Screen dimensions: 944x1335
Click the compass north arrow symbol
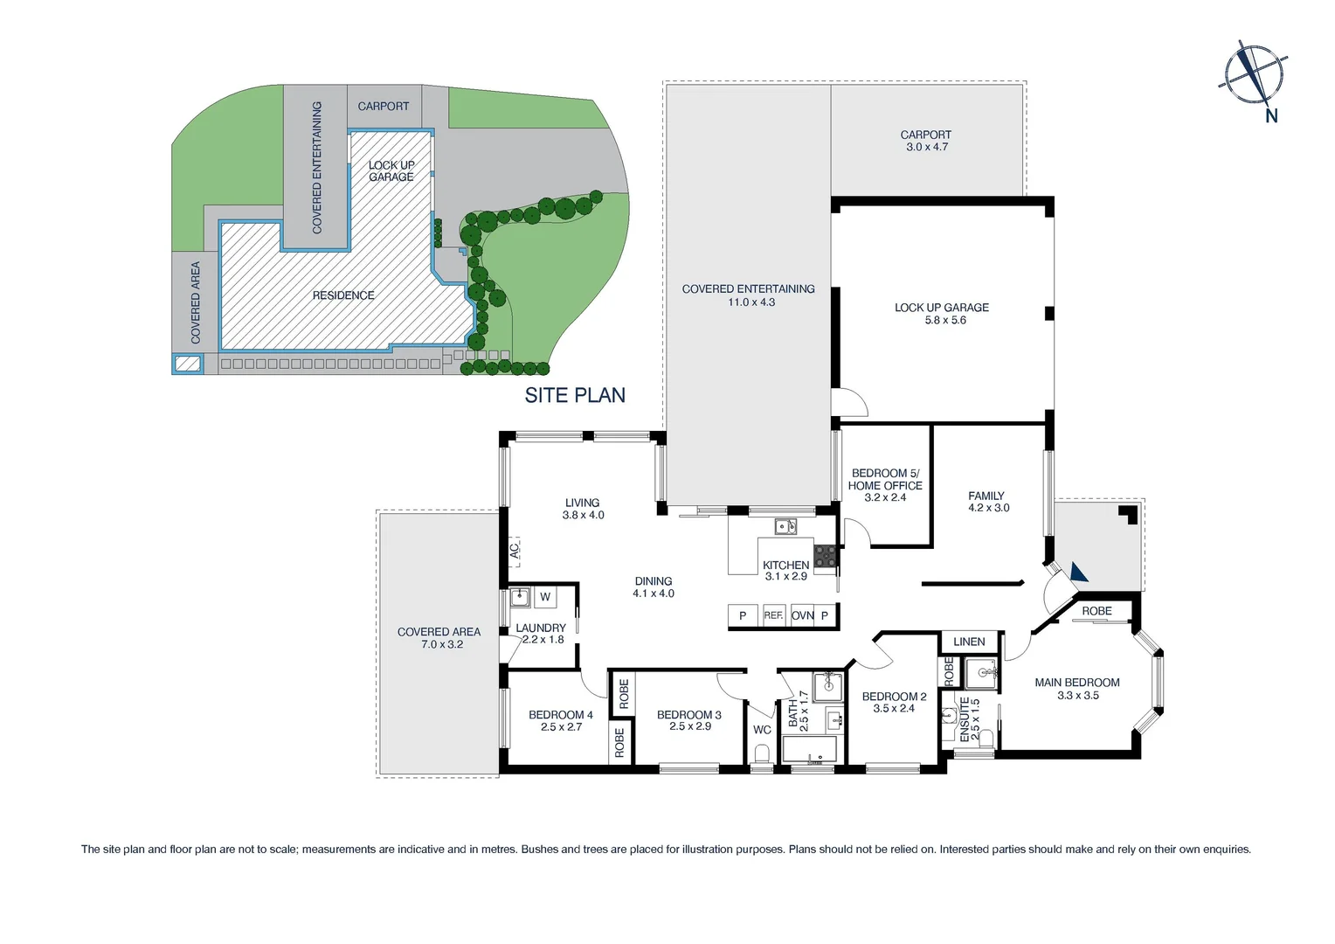pos(1254,74)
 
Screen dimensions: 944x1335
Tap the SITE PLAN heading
pos(575,395)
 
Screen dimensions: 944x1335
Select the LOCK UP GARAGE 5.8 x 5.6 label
pos(942,314)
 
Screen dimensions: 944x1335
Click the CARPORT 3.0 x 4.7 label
pos(926,141)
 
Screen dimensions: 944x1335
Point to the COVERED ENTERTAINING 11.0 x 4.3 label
pos(749,295)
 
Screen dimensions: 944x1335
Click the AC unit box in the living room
pos(515,550)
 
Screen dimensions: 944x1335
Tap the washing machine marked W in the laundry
pos(545,597)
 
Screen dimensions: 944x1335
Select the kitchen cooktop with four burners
pos(825,556)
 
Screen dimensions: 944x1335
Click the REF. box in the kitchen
pos(773,615)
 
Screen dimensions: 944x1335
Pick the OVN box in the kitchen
pos(802,615)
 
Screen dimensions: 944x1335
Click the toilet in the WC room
pos(761,753)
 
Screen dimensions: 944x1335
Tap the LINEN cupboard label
pos(969,642)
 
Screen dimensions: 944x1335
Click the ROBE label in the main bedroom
pos(1096,611)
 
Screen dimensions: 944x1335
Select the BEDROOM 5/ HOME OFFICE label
pos(885,485)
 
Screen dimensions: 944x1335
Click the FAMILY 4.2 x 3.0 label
pos(987,502)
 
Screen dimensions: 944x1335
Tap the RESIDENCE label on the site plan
pos(343,295)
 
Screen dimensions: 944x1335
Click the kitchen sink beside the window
pos(785,526)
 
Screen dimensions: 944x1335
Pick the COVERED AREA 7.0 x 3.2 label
pos(439,638)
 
